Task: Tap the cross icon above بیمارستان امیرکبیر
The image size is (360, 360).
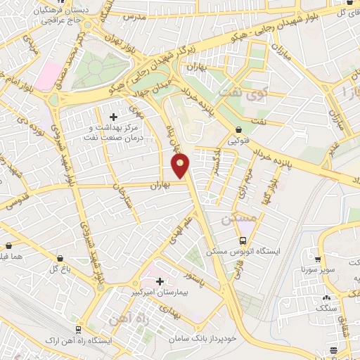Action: coord(160,281)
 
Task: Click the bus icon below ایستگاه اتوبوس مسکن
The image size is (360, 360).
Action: coord(243,261)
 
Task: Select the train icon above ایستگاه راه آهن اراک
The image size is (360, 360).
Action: coord(77,328)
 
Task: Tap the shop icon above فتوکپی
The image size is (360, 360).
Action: coord(240,129)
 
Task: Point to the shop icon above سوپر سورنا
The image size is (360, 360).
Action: coord(319,259)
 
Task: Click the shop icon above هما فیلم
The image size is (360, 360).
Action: coord(9,246)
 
